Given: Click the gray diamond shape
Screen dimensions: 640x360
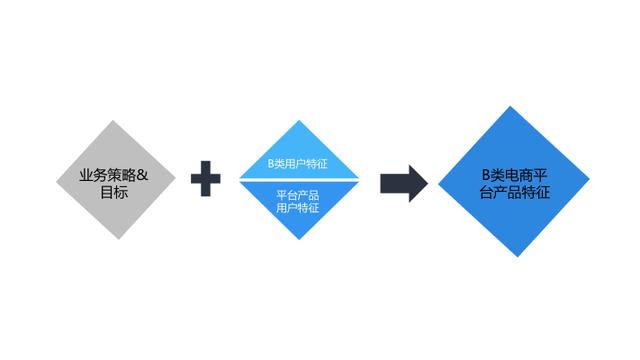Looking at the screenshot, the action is pyautogui.click(x=116, y=180).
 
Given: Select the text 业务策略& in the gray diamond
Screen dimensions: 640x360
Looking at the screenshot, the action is pyautogui.click(x=114, y=176).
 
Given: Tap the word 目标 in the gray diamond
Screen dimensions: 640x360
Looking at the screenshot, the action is pyautogui.click(x=114, y=192).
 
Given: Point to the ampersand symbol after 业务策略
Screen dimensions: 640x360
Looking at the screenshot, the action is pyautogui.click(x=142, y=176).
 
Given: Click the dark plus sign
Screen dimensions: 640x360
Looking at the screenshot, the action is pyautogui.click(x=206, y=179).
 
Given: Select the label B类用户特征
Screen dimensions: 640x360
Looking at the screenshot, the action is pyautogui.click(x=298, y=164).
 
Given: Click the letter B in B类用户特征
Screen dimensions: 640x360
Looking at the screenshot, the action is pyautogui.click(x=271, y=164).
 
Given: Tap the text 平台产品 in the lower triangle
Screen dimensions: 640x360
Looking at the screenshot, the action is pyautogui.click(x=298, y=195).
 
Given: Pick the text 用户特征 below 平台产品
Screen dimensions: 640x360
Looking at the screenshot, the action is pyautogui.click(x=298, y=208).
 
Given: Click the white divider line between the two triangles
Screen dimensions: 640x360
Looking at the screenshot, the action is pyautogui.click(x=299, y=180).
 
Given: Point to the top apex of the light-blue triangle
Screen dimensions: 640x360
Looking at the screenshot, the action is pyautogui.click(x=299, y=120).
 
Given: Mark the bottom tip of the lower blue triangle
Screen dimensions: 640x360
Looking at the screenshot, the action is pyautogui.click(x=299, y=239).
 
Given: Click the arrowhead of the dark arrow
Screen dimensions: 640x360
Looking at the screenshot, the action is pyautogui.click(x=418, y=183).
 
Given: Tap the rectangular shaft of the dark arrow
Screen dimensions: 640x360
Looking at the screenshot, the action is pyautogui.click(x=395, y=183).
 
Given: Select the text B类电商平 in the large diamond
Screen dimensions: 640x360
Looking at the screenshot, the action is pyautogui.click(x=514, y=175).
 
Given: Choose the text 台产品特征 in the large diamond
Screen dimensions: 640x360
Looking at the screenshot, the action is pyautogui.click(x=515, y=192).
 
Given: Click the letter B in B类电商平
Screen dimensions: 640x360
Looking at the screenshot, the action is pyautogui.click(x=486, y=175).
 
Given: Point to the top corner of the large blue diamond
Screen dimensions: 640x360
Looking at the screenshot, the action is pyautogui.click(x=510, y=107).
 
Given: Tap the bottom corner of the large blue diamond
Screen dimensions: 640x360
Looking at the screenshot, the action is pyautogui.click(x=517, y=257).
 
